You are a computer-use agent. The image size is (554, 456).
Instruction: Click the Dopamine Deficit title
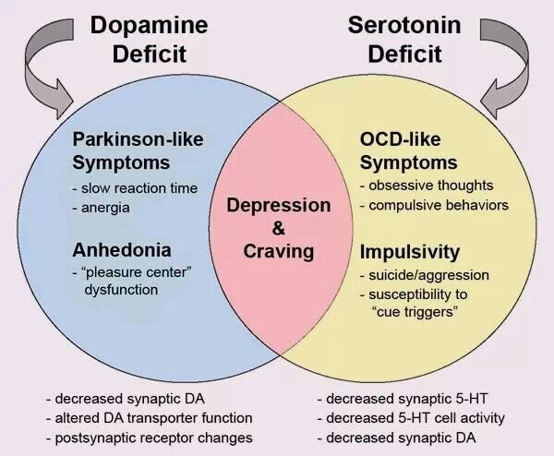[149, 39]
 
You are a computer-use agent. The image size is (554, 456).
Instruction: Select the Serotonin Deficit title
[404, 39]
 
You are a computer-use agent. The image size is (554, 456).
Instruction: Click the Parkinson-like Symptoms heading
[138, 150]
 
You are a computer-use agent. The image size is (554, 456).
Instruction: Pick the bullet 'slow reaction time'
[135, 188]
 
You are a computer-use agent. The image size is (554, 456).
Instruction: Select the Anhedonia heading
[122, 250]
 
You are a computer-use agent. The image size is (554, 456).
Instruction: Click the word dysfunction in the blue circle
[121, 290]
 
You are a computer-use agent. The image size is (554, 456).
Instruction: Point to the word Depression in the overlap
[279, 206]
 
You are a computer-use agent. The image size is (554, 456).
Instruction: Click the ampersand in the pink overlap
[279, 228]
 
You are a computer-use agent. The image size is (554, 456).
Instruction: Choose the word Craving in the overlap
[279, 251]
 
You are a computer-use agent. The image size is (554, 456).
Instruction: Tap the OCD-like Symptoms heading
[409, 150]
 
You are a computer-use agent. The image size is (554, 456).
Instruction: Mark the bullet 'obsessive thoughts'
[427, 186]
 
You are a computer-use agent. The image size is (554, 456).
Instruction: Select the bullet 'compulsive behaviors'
[435, 205]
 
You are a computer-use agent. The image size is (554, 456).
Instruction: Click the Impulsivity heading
[410, 252]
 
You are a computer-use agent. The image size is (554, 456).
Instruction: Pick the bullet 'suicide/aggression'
[425, 275]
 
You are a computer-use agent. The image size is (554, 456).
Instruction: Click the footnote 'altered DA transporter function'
[150, 418]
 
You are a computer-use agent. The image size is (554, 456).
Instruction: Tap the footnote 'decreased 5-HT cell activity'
[411, 418]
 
